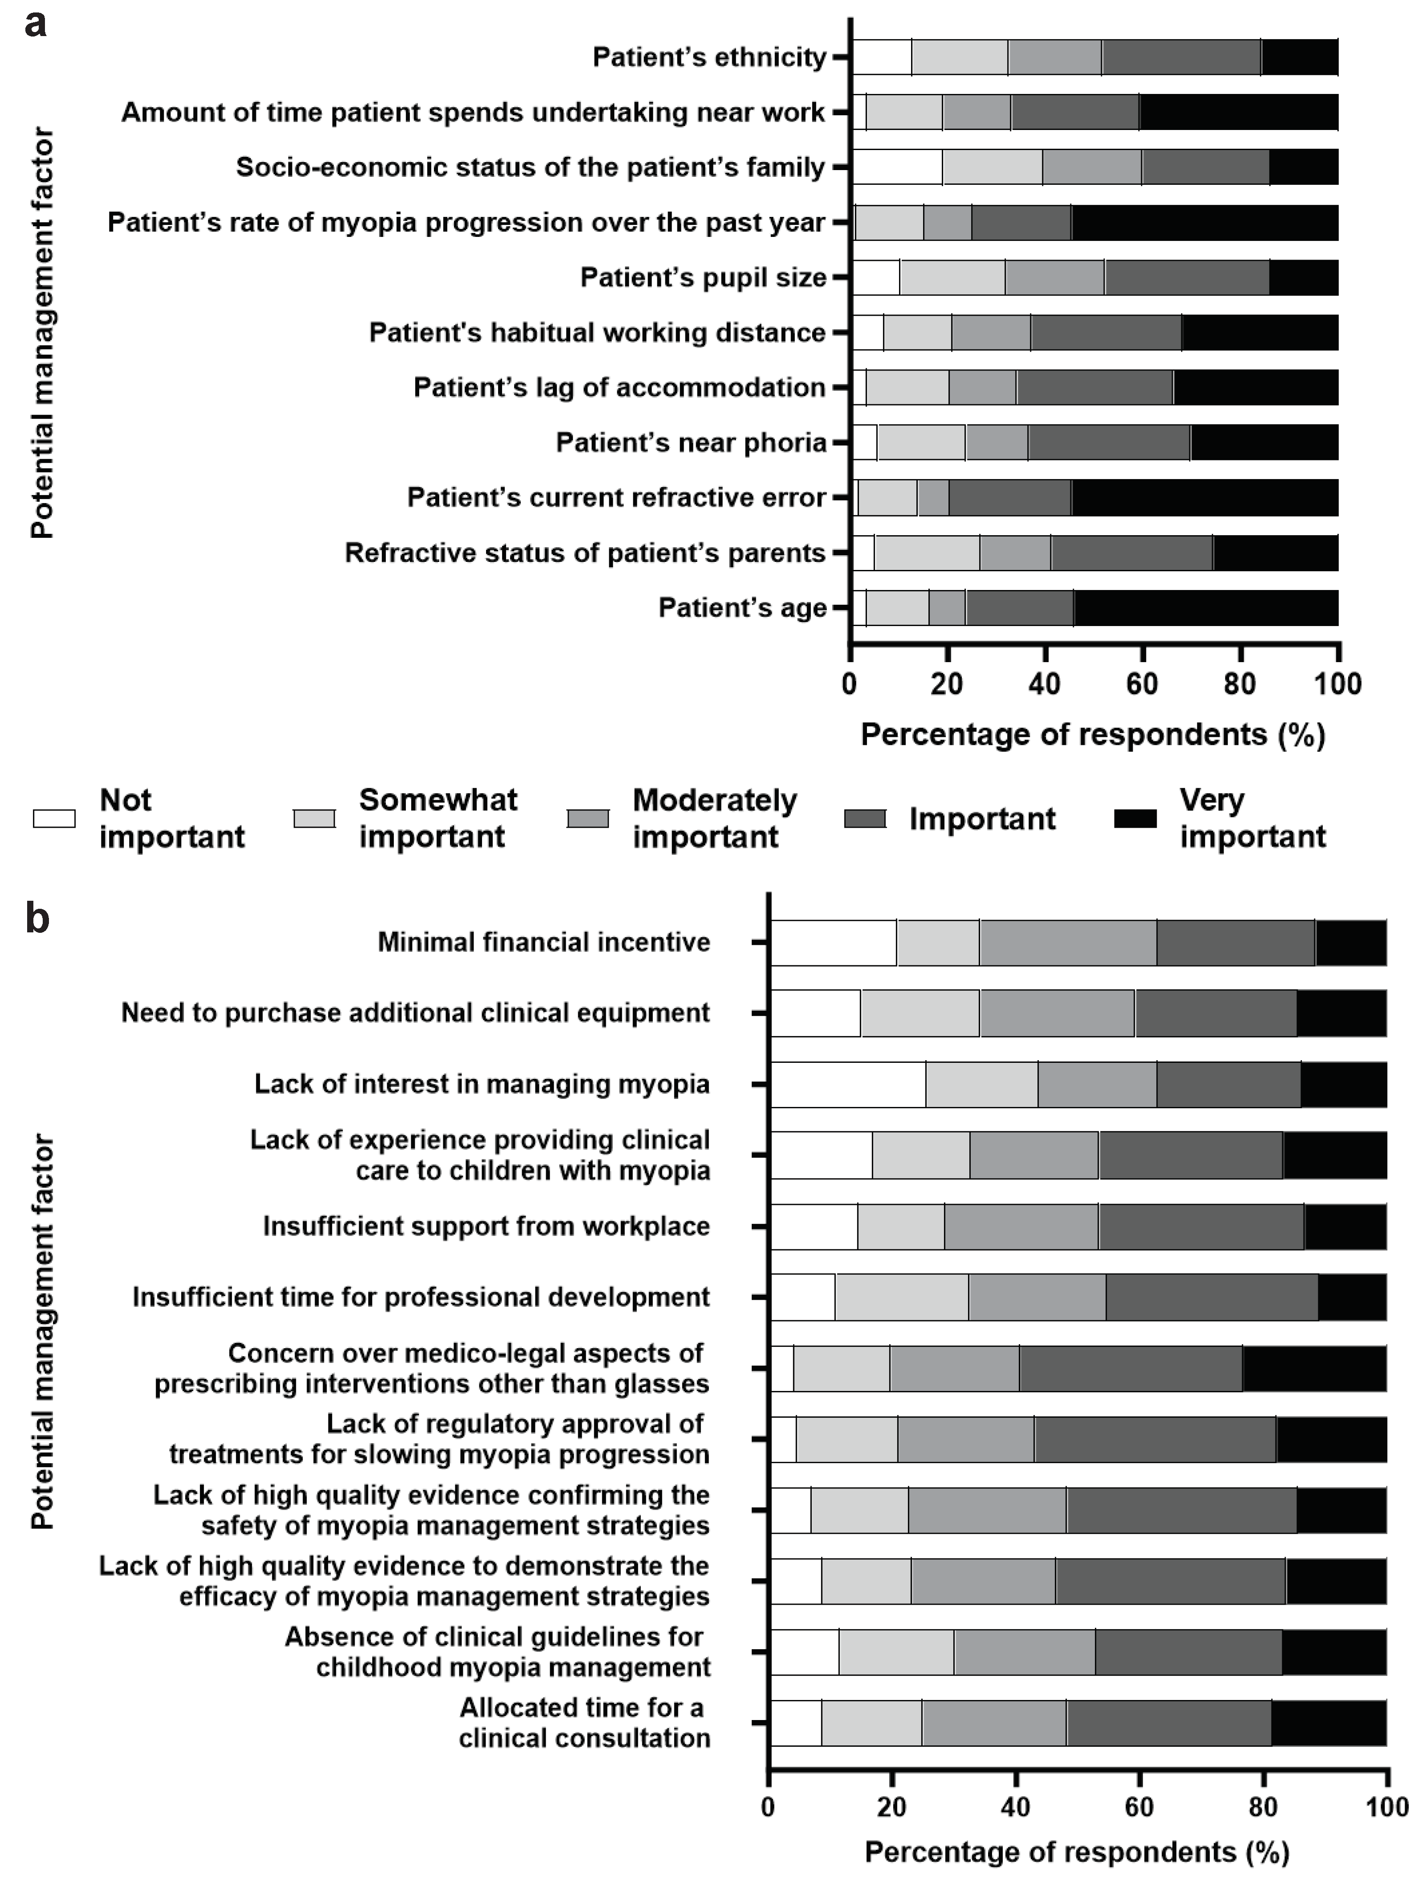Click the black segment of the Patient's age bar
pos(1205,608)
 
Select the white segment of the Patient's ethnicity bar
pos(882,57)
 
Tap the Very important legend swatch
pos(1135,818)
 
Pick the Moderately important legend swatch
pos(588,818)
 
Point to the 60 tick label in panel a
pos(1142,683)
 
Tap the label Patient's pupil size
pos(703,277)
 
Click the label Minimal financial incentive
pos(544,942)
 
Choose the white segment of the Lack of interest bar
pos(848,1085)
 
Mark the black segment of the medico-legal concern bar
pos(1314,1368)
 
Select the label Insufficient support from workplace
pos(486,1226)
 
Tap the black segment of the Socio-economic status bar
pos(1303,167)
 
